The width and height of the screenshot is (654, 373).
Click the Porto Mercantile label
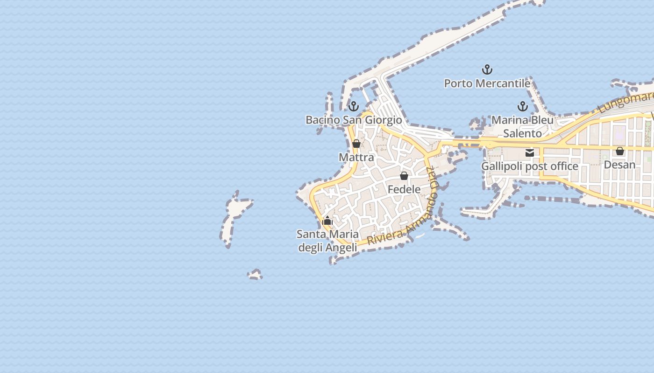coord(487,83)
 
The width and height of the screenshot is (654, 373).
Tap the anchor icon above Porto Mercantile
coord(487,69)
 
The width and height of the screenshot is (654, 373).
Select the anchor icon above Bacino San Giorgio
coord(354,106)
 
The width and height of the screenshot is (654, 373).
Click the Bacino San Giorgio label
coord(354,120)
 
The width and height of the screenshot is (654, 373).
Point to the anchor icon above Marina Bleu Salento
coord(523,106)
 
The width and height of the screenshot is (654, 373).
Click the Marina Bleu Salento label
coord(523,126)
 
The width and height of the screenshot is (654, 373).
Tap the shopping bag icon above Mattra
coord(356,144)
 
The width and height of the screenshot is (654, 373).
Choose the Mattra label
coord(356,157)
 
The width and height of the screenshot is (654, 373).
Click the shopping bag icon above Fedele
coord(404,176)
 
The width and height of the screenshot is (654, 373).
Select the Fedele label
coord(404,189)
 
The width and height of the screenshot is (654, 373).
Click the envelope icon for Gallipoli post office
coord(530,152)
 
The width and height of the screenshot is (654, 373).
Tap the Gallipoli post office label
coord(530,166)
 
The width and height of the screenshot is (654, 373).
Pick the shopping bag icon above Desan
coord(620,151)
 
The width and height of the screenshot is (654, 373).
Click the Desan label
coord(620,165)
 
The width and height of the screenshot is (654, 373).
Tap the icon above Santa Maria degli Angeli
coord(328,221)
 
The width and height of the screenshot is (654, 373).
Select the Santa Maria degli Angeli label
coord(328,241)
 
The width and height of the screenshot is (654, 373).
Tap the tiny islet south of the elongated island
coord(255,275)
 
